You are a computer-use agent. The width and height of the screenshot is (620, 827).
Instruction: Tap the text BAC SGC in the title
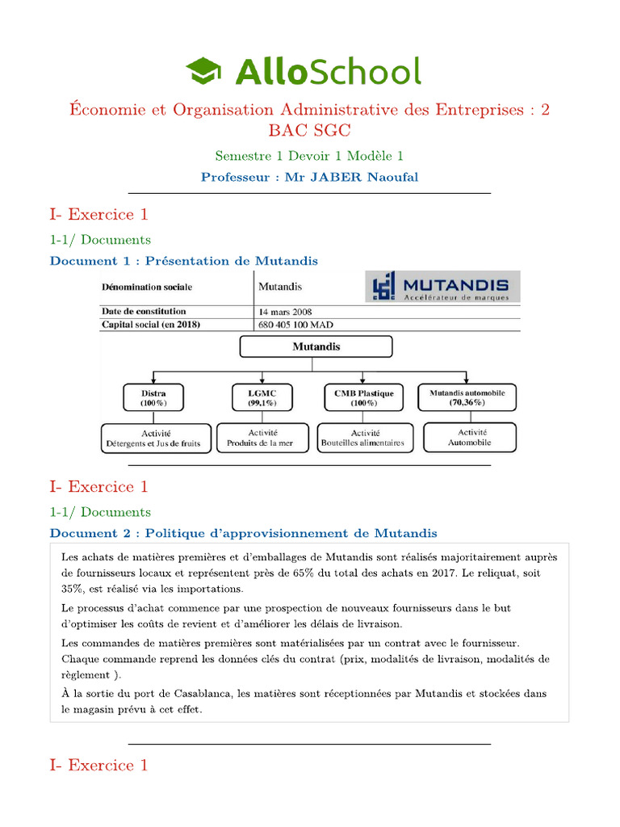point(309,130)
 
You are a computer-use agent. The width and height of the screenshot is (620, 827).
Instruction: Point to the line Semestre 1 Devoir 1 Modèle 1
point(309,155)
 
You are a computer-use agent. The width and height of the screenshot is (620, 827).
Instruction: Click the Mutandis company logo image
point(442,287)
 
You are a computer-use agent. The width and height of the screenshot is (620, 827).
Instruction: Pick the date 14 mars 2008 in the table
point(285,312)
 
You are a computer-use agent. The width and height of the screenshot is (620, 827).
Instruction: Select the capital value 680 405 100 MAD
point(295,325)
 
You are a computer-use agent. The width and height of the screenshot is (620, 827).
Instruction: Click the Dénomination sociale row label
point(147,287)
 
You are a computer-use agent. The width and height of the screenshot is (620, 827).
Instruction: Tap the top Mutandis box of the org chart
point(316,346)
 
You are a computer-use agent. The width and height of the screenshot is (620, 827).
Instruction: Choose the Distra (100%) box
point(153,397)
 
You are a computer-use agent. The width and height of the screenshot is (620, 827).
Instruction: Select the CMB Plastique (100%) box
point(363,397)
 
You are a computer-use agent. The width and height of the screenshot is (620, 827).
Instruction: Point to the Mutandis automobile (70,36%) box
point(467,397)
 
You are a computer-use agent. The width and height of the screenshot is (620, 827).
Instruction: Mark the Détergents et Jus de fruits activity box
point(155,439)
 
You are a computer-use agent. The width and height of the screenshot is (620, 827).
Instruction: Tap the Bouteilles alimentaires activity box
point(362,439)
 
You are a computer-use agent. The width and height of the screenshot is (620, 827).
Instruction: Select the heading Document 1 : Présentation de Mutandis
point(184,261)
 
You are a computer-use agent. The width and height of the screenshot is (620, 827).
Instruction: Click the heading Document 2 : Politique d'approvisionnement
point(243,533)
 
